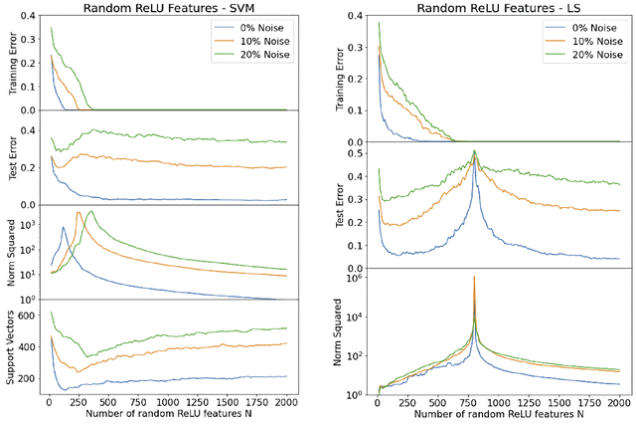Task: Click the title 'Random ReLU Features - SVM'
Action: tap(166, 8)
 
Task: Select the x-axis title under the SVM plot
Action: tap(165, 414)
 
